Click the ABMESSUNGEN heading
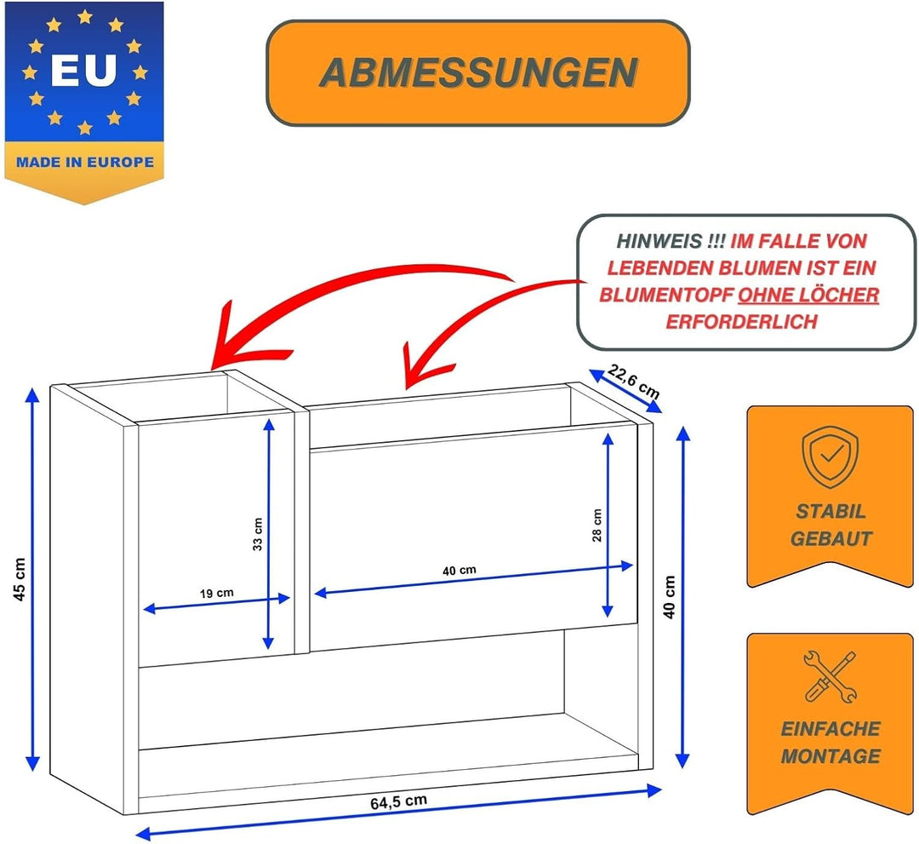pos(477,74)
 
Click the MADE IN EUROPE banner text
pos(84,162)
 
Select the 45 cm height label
pos(20,579)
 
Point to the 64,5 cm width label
pos(398,801)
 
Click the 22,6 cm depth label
pos(632,380)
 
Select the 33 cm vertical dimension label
pos(259,534)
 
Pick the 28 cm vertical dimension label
pos(597,525)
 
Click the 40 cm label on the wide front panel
pos(459,571)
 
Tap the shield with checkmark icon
pos(830,458)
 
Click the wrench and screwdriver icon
pos(829,676)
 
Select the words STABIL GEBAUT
pos(831,525)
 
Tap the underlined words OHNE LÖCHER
pos(808,296)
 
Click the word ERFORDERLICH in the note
pos(741,322)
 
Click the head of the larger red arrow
pos(234,341)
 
